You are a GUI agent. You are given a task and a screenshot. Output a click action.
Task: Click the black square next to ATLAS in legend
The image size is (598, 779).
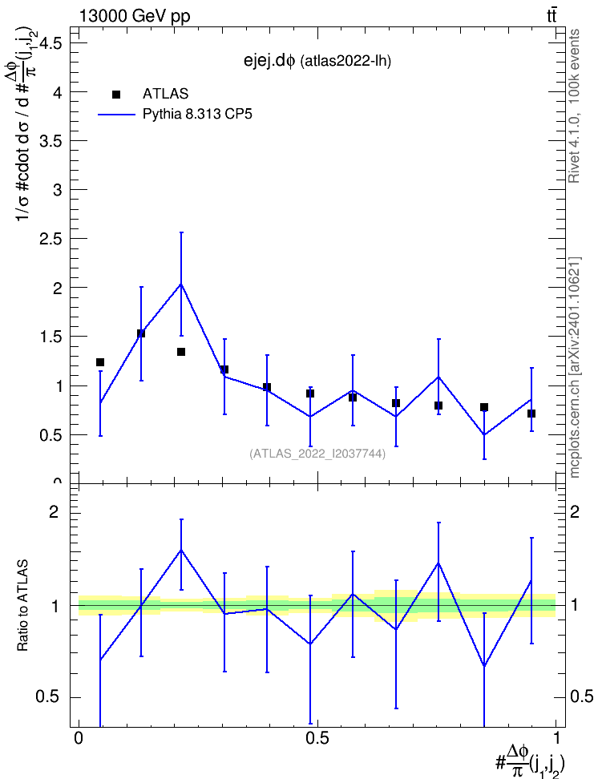[116, 95]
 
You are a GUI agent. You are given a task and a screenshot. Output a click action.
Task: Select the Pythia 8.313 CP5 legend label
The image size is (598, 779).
[197, 115]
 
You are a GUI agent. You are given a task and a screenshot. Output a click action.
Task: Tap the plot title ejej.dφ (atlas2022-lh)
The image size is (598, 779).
[317, 61]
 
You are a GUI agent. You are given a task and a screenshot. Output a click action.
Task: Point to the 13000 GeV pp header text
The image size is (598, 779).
[135, 16]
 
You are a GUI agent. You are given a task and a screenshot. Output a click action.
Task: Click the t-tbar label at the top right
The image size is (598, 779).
[552, 16]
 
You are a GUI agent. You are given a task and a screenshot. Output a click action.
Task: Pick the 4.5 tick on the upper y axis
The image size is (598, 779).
[51, 44]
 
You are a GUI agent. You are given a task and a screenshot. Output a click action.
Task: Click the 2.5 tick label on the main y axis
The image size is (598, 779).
[51, 239]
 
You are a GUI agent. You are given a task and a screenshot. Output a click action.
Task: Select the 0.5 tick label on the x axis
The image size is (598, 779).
[317, 738]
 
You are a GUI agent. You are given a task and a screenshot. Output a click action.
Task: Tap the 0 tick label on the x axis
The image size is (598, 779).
[79, 738]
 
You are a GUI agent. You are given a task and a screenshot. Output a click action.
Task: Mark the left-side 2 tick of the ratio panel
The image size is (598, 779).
[54, 511]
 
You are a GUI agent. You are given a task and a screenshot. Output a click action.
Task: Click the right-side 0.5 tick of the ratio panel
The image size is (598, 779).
[581, 697]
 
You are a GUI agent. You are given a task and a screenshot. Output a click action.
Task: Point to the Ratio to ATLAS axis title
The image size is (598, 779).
[22, 606]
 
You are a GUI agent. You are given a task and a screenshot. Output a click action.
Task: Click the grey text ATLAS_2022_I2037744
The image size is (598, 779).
[317, 454]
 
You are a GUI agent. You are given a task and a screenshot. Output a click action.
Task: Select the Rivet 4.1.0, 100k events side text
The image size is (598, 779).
[574, 106]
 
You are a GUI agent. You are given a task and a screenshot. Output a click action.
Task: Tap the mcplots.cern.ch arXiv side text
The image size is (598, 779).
[575, 367]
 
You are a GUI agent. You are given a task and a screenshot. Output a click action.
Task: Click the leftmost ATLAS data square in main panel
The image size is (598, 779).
[100, 362]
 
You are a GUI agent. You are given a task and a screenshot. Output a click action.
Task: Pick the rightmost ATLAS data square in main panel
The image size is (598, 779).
[531, 414]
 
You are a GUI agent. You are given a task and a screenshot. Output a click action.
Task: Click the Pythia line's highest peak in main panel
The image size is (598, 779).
[181, 285]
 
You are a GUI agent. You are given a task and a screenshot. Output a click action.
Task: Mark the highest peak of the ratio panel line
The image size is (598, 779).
[181, 550]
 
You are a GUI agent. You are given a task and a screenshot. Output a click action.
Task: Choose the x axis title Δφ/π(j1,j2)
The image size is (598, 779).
[530, 761]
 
